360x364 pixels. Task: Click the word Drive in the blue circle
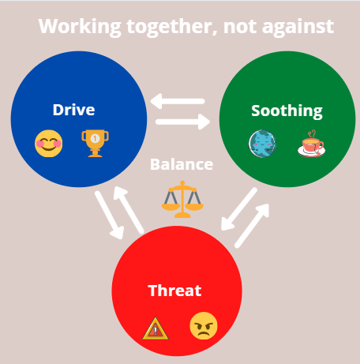[73, 110]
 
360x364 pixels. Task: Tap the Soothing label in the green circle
[287, 111]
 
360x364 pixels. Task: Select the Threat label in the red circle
[174, 291]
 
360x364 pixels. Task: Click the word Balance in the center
[182, 164]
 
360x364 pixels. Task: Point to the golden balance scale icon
[182, 199]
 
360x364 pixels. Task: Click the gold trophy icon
[95, 143]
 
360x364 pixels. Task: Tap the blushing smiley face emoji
[49, 144]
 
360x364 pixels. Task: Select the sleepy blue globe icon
[262, 144]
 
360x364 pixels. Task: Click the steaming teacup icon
[312, 144]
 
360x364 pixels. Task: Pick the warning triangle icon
[156, 328]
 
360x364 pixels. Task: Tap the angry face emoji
[204, 326]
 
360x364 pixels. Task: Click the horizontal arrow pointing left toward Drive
[178, 101]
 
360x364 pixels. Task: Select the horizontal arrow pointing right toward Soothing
[182, 122]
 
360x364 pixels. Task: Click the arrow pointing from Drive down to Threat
[109, 216]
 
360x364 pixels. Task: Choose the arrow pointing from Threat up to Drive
[129, 210]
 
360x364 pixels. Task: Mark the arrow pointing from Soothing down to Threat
[239, 209]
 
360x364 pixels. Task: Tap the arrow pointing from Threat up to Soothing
[252, 226]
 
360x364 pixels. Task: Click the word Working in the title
[80, 27]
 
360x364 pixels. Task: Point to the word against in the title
[298, 27]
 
